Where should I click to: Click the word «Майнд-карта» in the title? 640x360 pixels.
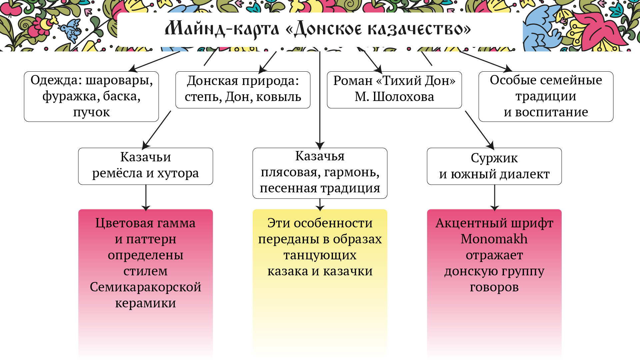[x=222, y=29]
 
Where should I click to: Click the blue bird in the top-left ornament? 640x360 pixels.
[x=71, y=29]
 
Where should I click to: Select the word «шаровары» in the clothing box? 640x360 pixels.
[x=119, y=80]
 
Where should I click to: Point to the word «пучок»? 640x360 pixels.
[x=91, y=112]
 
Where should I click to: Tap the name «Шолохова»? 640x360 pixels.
[x=403, y=97]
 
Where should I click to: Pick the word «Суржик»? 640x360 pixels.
[x=494, y=158]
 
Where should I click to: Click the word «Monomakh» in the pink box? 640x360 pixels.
[x=494, y=239]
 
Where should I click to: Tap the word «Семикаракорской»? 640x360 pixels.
[x=145, y=287]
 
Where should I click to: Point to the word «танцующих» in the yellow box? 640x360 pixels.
[x=320, y=255]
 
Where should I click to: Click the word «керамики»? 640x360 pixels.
[x=145, y=303]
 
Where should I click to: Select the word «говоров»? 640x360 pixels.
[x=494, y=287]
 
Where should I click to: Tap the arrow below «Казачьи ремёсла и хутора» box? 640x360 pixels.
[x=146, y=197]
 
